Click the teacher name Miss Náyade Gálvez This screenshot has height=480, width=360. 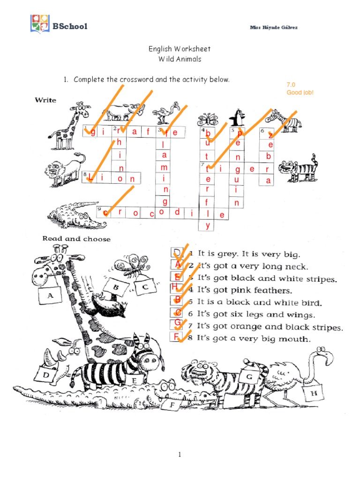pos(274,27)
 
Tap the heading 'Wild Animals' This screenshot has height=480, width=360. pos(180,59)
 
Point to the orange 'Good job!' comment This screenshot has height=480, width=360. pos(300,92)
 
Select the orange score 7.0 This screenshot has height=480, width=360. pos(291,85)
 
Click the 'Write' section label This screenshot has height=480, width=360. pos(45,100)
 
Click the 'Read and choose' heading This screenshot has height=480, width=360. pos(76,239)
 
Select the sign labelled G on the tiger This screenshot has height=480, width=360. pos(249,376)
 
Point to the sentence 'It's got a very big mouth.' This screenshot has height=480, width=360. pos(253,338)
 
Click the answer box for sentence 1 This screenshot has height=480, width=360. pos(176,253)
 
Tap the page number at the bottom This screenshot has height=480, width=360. pos(180,455)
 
